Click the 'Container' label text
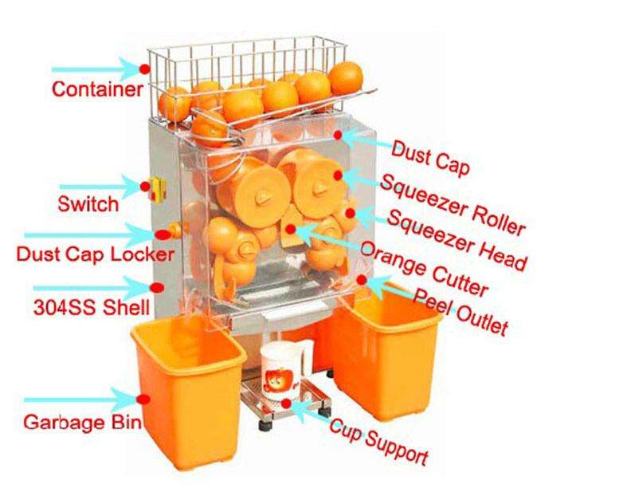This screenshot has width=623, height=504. click(96, 89)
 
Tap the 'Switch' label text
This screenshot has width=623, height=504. click(88, 203)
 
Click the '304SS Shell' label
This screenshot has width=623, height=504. click(84, 307)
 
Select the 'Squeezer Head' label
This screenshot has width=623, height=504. click(457, 238)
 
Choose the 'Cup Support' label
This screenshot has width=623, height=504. click(378, 442)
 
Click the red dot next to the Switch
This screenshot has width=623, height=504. click(145, 187)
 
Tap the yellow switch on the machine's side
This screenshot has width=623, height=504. click(158, 188)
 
